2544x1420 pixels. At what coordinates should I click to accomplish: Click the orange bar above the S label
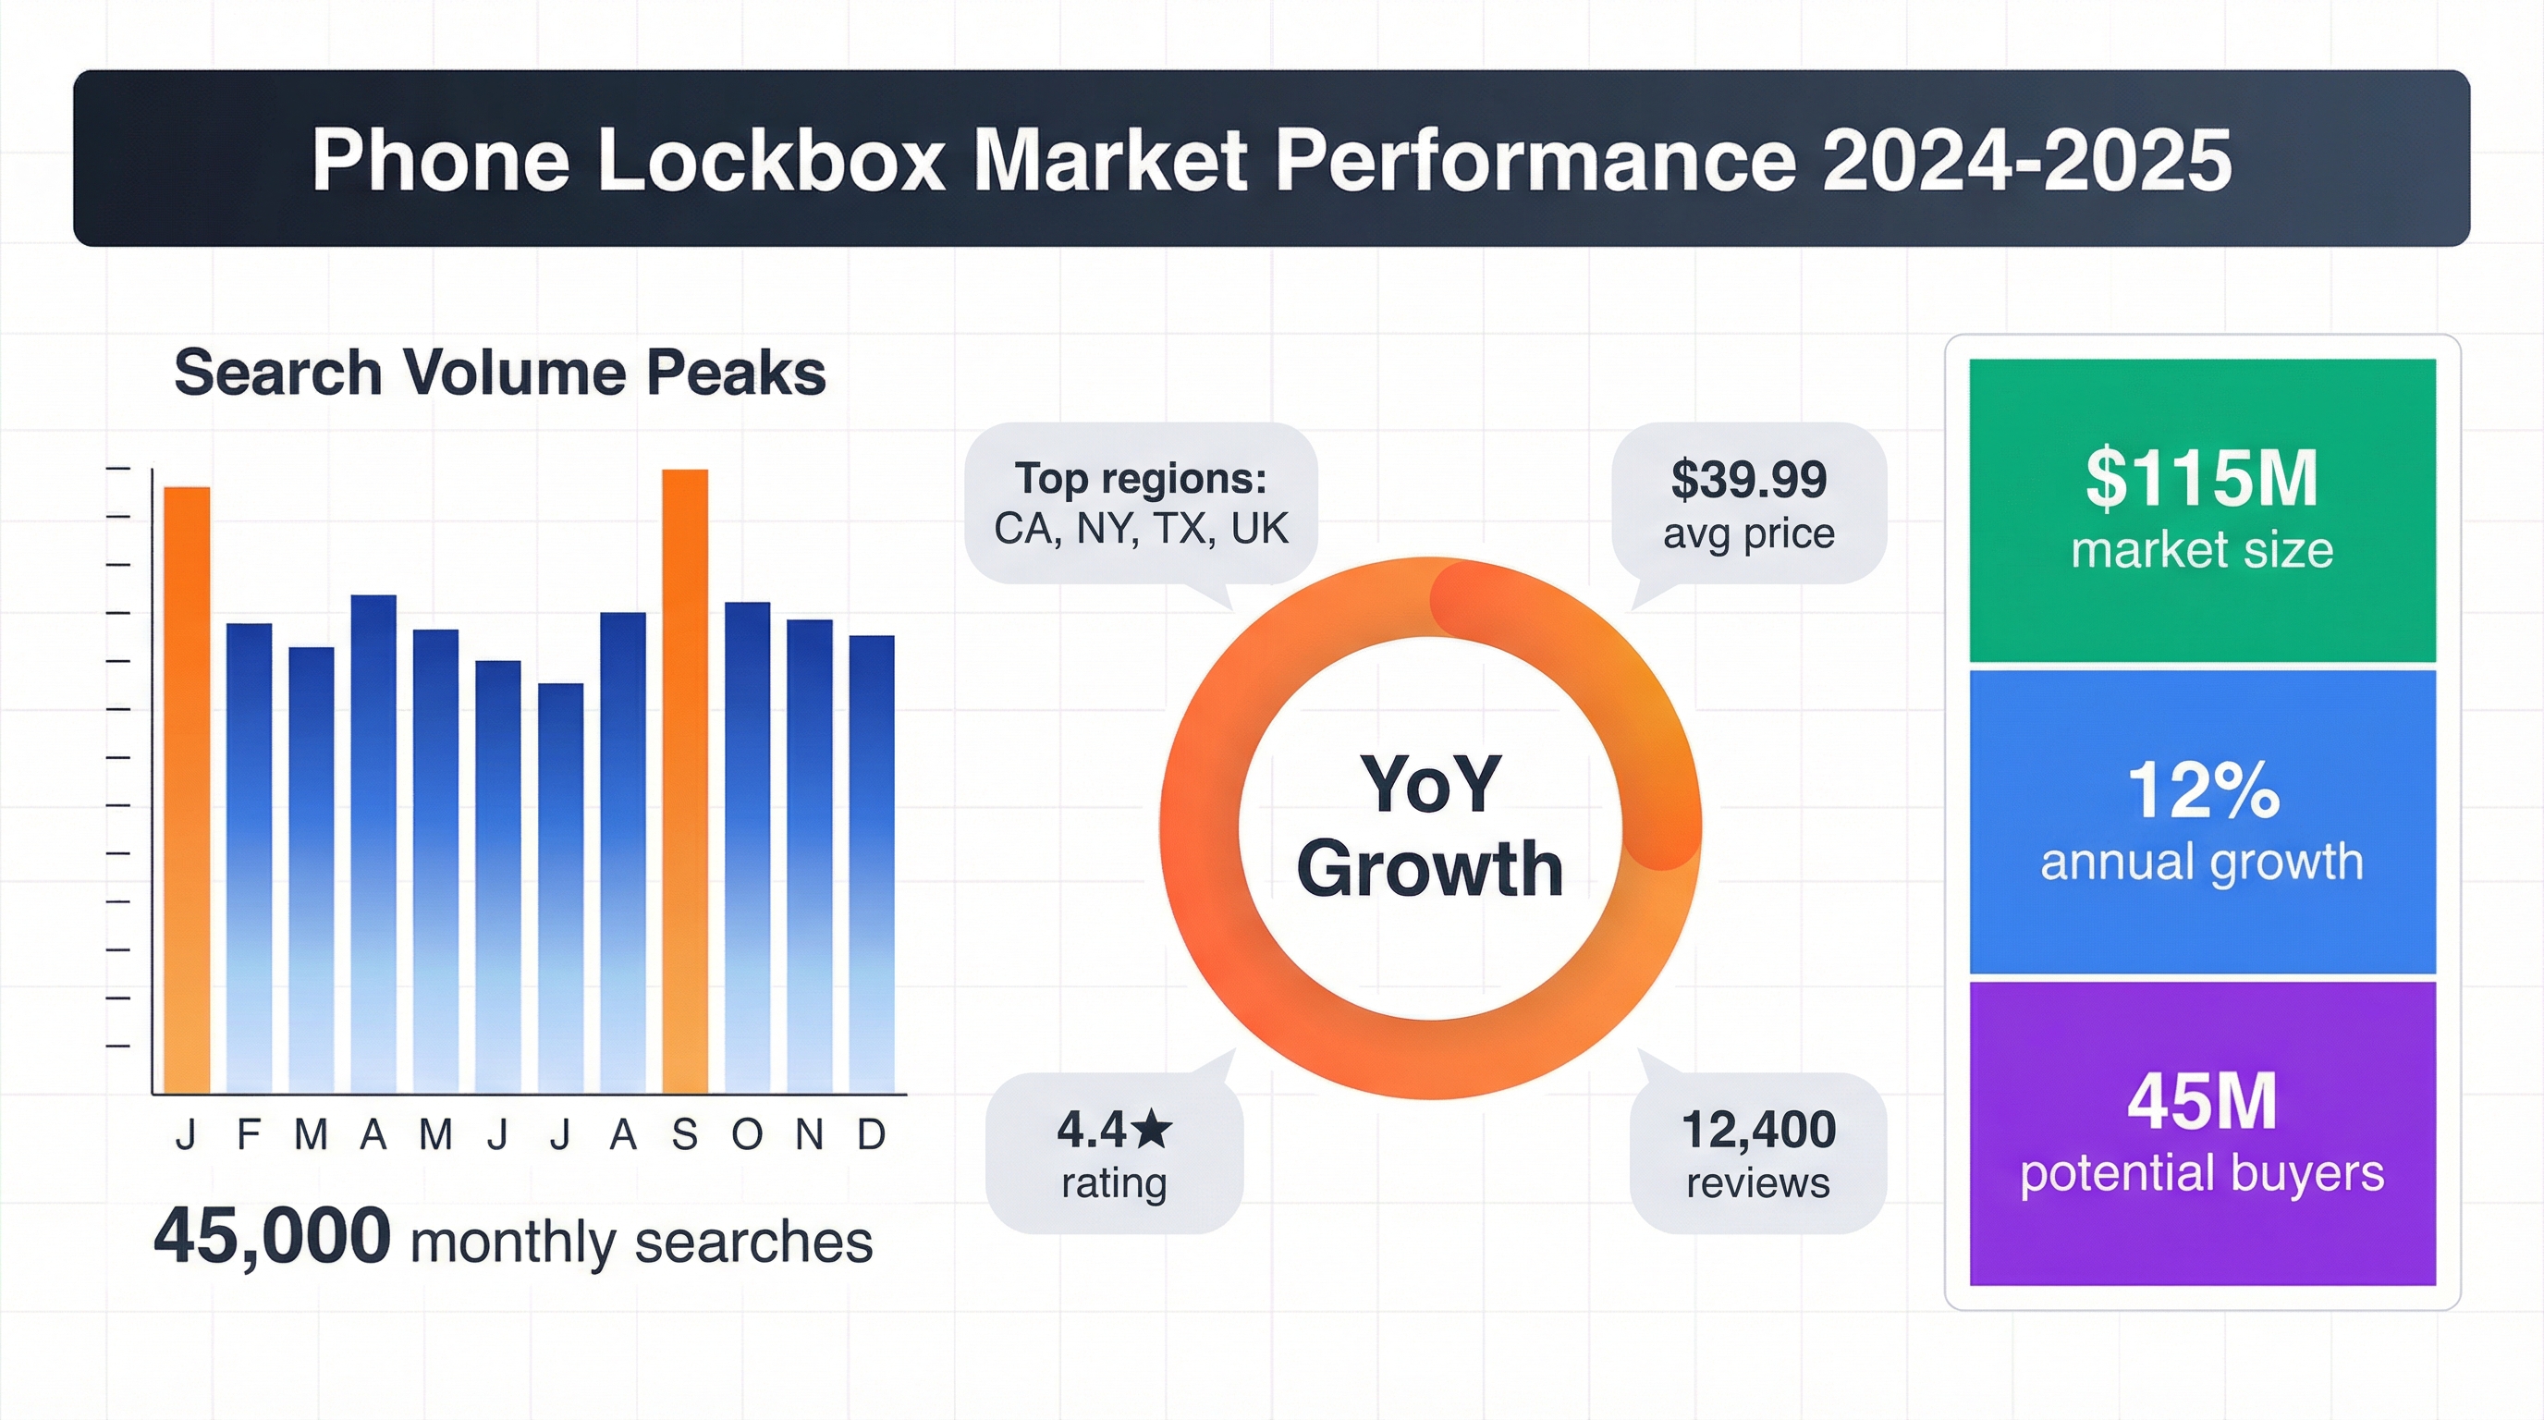(684, 780)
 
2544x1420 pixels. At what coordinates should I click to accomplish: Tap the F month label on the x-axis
(248, 1135)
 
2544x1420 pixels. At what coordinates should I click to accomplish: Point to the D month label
(871, 1135)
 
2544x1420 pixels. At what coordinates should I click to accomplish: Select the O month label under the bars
(747, 1135)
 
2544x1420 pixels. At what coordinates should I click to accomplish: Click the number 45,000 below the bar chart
(273, 1236)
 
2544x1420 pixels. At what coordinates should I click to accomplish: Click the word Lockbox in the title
(770, 159)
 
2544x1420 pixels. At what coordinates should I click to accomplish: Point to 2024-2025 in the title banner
(2026, 159)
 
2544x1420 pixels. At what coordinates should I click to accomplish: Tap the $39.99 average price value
(1749, 480)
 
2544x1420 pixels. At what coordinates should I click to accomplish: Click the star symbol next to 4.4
(1152, 1130)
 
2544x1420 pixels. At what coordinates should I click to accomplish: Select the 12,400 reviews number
(1758, 1130)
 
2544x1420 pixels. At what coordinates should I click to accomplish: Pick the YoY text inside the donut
(1430, 784)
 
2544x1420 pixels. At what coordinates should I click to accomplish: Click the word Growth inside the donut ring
(1430, 869)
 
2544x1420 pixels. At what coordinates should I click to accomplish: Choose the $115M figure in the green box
(2201, 480)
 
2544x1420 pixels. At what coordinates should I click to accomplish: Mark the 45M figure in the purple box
(2202, 1102)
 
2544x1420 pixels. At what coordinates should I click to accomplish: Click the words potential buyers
(2202, 1174)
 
